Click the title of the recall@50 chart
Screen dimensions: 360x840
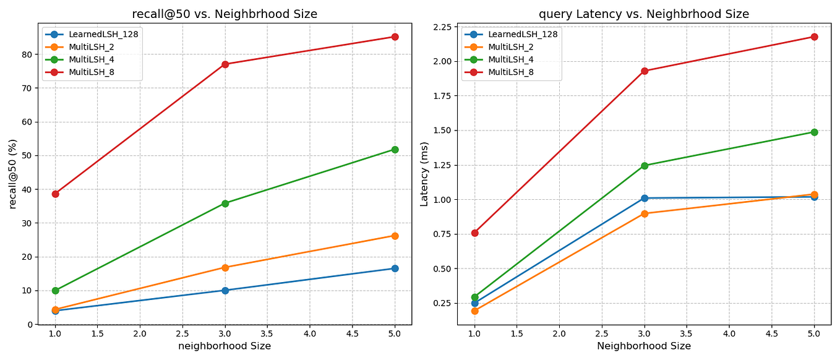(x=225, y=14)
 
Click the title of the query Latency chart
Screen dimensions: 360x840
(x=644, y=14)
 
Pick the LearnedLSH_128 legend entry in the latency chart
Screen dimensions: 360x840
(x=523, y=35)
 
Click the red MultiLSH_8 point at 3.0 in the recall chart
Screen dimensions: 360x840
(x=225, y=64)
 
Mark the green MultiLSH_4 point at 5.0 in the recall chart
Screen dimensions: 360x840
(x=395, y=150)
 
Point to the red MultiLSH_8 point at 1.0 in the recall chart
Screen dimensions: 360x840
(x=55, y=194)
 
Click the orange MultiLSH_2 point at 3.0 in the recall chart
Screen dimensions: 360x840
(x=225, y=268)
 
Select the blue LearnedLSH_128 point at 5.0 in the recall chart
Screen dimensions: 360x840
(x=395, y=268)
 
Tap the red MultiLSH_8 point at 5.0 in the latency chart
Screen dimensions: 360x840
(x=814, y=36)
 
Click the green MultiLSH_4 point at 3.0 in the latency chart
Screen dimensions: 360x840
(x=645, y=166)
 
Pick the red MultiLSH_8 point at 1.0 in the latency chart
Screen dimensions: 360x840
(x=474, y=233)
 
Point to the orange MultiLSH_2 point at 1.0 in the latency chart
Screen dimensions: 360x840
(x=474, y=311)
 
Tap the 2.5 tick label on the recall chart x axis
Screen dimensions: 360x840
(x=182, y=333)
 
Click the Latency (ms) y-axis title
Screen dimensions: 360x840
(x=424, y=173)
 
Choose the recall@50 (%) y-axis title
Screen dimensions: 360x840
(x=12, y=174)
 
